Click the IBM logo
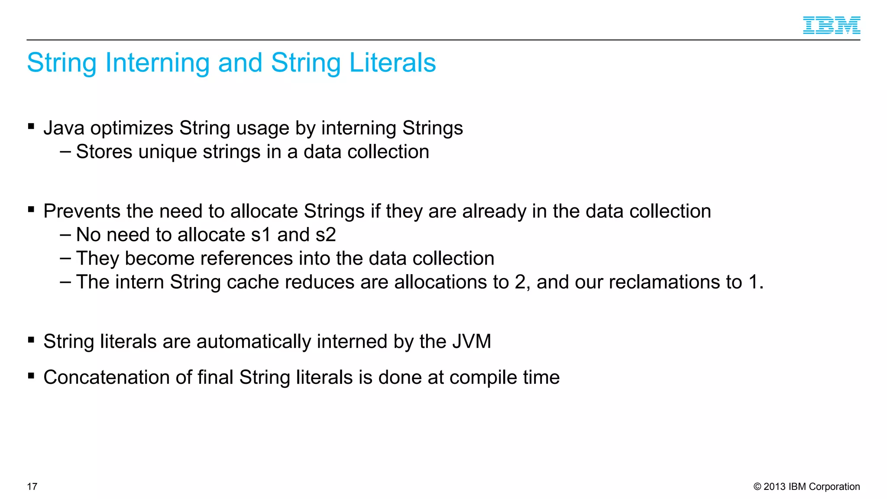[x=831, y=25]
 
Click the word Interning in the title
[x=157, y=63]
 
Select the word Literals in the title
[x=392, y=63]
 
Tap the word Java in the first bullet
[x=64, y=128]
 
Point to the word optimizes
[x=132, y=128]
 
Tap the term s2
[x=326, y=235]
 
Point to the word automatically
[x=254, y=341]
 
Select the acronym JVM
[x=472, y=341]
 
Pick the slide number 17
[x=32, y=486]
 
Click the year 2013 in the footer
[x=775, y=486]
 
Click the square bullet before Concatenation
[x=31, y=376]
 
